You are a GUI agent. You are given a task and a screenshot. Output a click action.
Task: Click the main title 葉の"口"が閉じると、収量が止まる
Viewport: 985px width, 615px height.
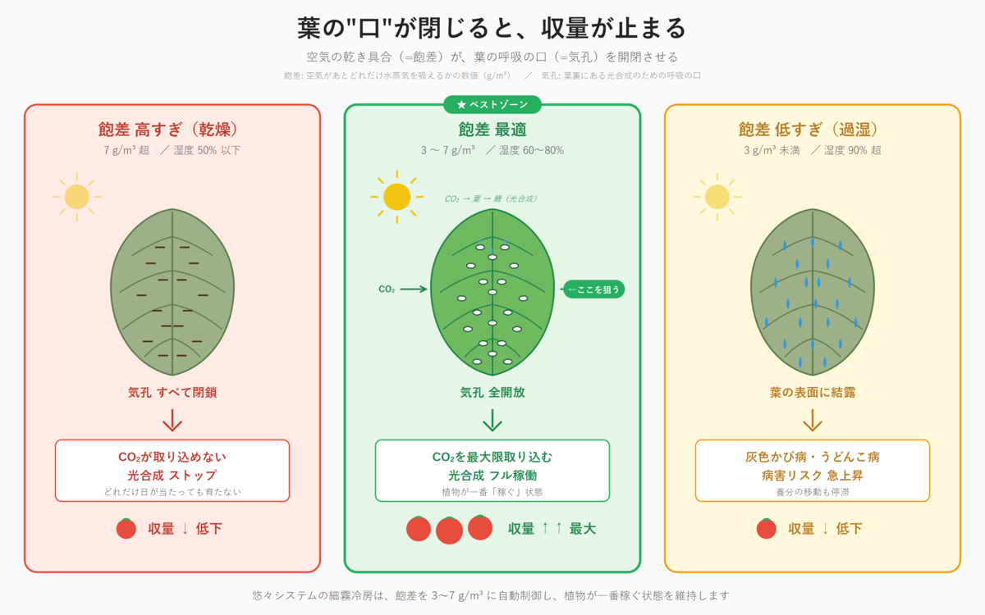[x=492, y=29]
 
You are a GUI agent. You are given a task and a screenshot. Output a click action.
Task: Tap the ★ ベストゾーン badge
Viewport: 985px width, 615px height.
[x=492, y=104]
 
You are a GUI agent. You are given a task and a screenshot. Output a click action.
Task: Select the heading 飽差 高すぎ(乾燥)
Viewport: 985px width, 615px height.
[x=172, y=130]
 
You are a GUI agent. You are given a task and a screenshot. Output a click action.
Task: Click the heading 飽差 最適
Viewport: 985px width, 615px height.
[x=492, y=130]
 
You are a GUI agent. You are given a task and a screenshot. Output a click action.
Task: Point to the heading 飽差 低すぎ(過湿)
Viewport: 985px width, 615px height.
[x=812, y=130]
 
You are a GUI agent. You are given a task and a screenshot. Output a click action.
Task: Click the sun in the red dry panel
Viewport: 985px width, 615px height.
[x=76, y=197]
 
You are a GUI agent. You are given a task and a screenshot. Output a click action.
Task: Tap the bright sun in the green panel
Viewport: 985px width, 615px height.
[x=396, y=197]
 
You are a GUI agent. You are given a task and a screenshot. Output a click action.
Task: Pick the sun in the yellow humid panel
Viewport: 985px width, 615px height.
[x=717, y=197]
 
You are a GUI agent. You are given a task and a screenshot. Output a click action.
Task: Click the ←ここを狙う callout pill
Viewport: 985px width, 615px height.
[x=593, y=289]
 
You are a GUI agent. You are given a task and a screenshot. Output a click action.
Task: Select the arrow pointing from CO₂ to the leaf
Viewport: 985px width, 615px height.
[x=414, y=289]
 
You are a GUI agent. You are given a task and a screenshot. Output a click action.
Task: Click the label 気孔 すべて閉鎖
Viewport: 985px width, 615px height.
[x=172, y=393]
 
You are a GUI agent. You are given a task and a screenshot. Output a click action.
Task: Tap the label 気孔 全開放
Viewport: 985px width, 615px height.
[x=492, y=393]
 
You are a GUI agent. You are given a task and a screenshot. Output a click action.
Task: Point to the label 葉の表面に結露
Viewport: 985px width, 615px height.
[x=812, y=393]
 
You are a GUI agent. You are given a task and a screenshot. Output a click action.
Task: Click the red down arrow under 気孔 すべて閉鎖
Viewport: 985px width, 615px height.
[x=172, y=421]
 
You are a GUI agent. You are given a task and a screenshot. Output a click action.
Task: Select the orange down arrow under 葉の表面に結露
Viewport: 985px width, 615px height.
[x=812, y=421]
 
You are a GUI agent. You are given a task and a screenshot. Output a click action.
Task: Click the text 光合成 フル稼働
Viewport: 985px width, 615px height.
[x=492, y=476]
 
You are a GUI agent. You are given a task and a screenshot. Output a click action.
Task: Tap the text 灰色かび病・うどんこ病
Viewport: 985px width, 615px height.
[x=812, y=457]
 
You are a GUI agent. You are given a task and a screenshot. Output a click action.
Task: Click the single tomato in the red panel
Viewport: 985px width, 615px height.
[x=126, y=529]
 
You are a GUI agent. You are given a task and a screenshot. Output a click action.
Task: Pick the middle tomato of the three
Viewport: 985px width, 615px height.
[x=449, y=531]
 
